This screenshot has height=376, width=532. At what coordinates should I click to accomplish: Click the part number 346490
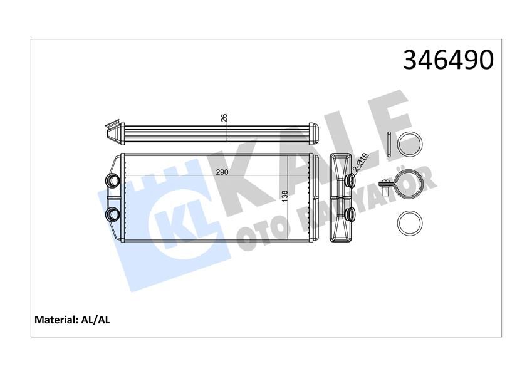coord(448,60)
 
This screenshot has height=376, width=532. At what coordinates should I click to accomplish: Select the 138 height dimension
coord(285,196)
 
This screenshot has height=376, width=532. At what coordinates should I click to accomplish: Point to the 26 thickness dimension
coord(224,117)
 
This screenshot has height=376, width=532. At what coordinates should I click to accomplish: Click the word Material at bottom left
coord(55,320)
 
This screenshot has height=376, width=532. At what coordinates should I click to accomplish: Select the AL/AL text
coord(96,320)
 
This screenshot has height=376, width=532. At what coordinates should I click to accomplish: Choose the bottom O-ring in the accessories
coord(409,222)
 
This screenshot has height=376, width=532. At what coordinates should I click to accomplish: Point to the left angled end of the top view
coord(113,133)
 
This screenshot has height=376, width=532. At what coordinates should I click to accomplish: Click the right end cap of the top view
coord(313,133)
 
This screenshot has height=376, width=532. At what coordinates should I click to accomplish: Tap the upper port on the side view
coord(350,181)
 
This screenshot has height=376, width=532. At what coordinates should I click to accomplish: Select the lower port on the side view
coord(350,216)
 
